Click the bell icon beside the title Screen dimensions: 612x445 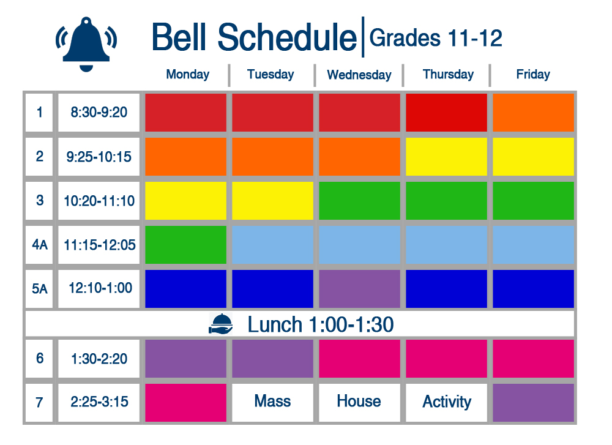tap(86, 44)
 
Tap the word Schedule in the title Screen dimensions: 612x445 tap(287, 37)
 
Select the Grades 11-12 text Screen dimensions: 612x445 tap(436, 38)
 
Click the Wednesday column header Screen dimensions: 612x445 tap(359, 75)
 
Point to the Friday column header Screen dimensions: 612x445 tap(533, 74)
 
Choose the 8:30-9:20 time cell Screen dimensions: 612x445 tap(99, 113)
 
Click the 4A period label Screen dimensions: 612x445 tap(39, 245)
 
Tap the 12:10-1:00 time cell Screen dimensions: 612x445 tap(99, 289)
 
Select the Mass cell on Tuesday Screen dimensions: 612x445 tap(272, 402)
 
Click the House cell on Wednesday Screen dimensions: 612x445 tap(359, 402)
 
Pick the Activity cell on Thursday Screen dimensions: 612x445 tap(447, 402)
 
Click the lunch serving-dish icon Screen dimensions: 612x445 tap(221, 324)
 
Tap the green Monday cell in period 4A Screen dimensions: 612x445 tap(186, 245)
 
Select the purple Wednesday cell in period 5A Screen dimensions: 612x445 tap(359, 289)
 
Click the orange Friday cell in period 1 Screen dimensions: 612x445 tap(533, 113)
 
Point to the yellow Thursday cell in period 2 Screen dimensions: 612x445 tap(447, 157)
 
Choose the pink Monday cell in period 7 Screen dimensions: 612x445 tap(186, 402)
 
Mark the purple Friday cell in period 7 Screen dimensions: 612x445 tap(533, 402)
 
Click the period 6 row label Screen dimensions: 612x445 tap(39, 358)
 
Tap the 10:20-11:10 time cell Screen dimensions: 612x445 tap(99, 201)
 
